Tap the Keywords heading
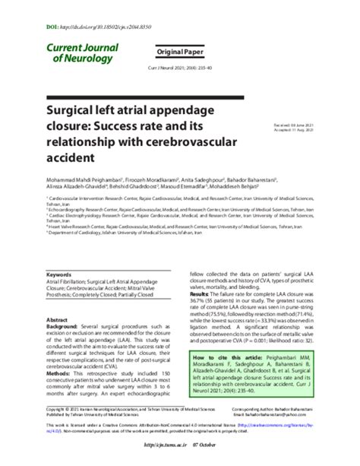[x=59, y=274]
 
